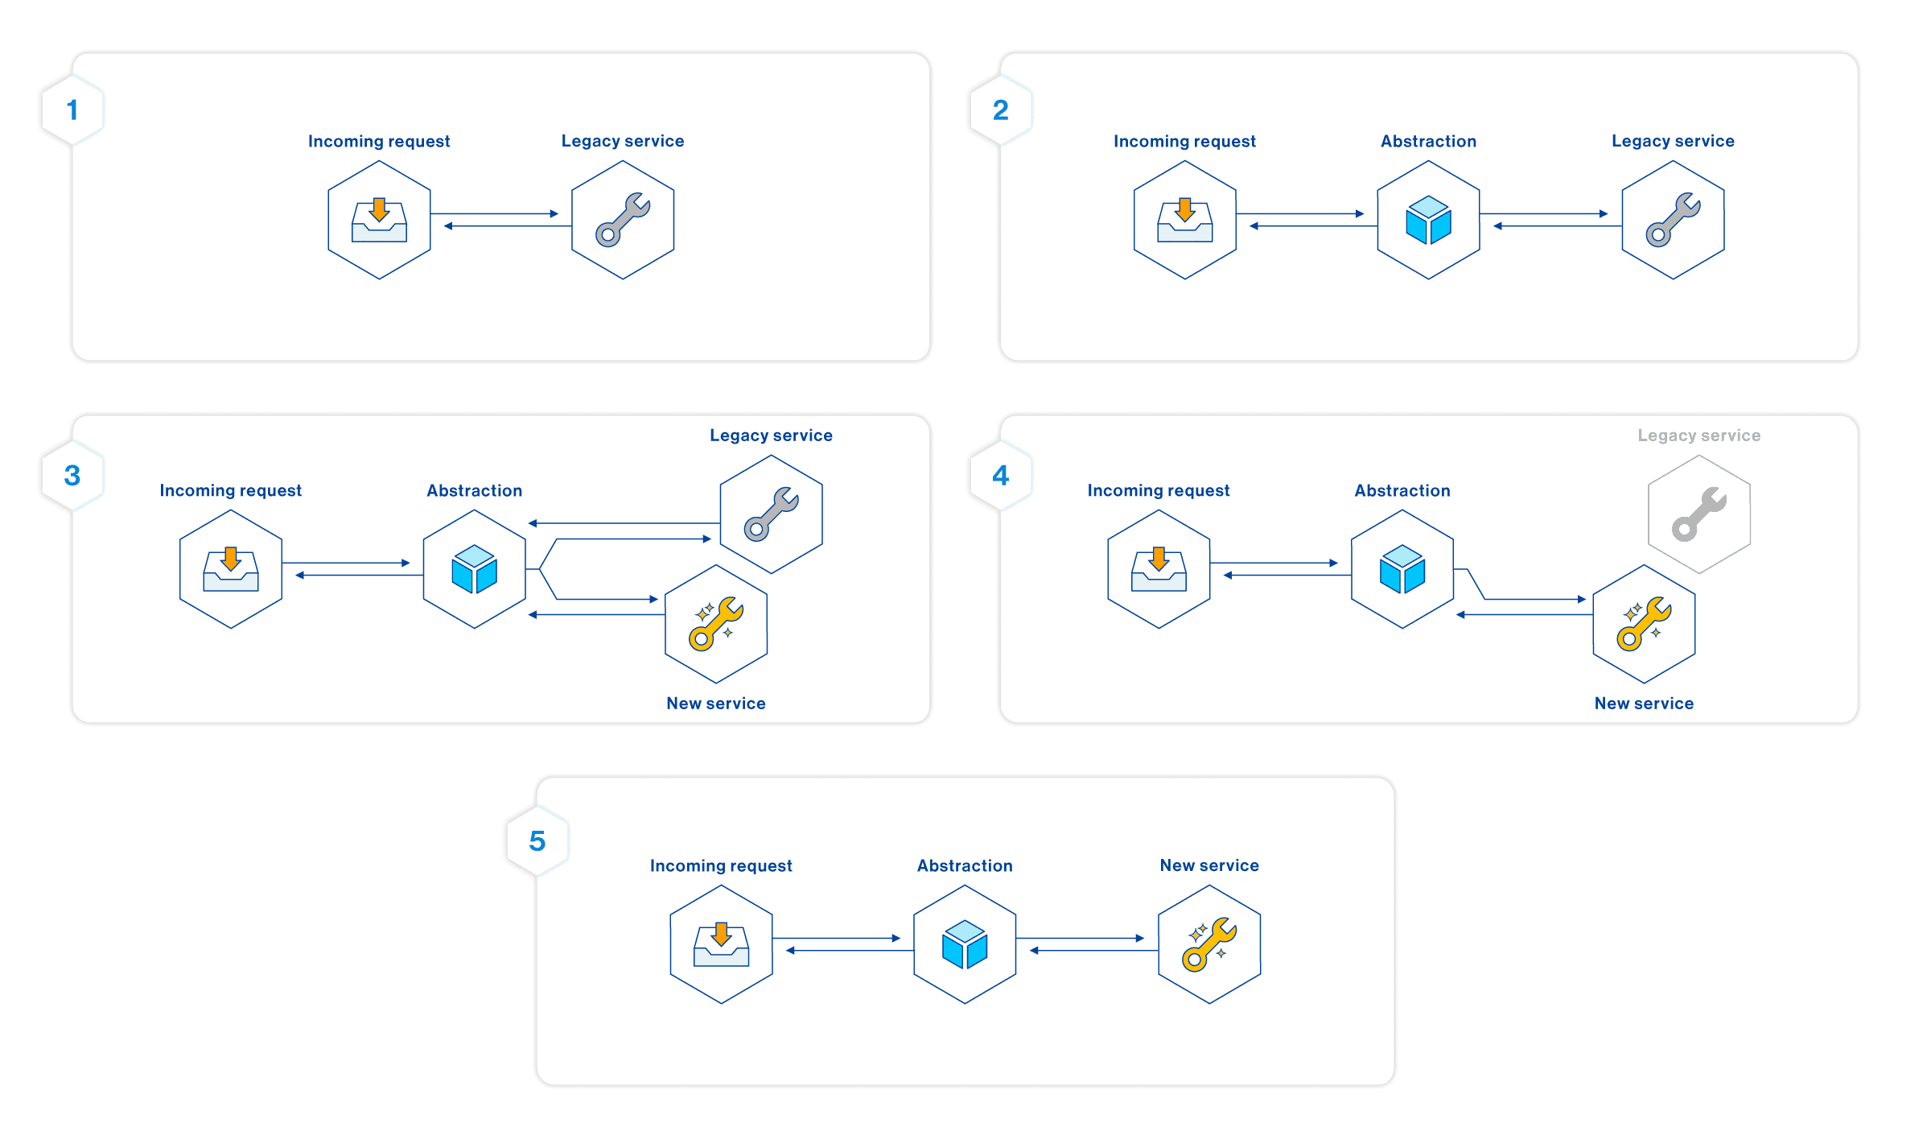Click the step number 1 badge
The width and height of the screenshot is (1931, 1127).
[72, 110]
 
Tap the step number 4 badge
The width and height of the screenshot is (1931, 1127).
[1000, 476]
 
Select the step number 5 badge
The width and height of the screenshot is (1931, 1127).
[537, 841]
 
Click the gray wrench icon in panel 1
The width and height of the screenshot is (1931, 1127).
[623, 220]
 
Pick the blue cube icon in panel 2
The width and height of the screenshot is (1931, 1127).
[1428, 220]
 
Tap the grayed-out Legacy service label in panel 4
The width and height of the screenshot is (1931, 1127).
[1698, 436]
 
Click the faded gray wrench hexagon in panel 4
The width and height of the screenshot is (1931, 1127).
[1698, 514]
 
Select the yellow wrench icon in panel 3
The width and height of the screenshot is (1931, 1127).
[716, 624]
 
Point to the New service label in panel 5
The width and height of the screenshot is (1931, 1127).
[1208, 865]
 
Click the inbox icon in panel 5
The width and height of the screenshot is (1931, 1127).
[721, 944]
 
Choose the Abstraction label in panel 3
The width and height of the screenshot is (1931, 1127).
[474, 490]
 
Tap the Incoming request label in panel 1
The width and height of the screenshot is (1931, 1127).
[379, 142]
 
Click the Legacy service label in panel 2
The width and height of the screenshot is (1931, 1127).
[1672, 141]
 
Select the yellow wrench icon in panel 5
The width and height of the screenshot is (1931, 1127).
[1208, 944]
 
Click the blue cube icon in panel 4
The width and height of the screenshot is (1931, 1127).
[1402, 569]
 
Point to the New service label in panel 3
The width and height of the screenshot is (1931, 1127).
[715, 704]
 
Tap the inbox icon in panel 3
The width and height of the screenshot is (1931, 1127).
[231, 569]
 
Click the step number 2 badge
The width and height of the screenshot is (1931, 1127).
[1000, 110]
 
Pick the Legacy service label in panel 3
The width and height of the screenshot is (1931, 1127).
[771, 436]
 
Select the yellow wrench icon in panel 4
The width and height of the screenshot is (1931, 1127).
[1644, 624]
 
